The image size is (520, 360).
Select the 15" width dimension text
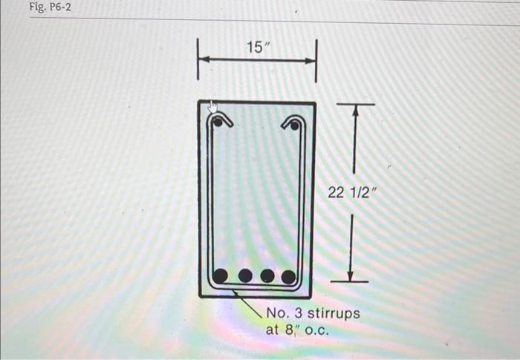point(258,48)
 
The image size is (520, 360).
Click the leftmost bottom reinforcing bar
point(220,276)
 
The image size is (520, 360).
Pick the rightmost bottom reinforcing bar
point(288,277)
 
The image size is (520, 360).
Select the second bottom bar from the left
point(245,277)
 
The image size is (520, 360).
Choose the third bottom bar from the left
point(267,277)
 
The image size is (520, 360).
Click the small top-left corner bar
point(218,123)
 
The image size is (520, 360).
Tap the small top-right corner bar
point(295,125)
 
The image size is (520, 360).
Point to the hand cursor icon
point(212,108)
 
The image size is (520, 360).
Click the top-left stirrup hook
point(225,120)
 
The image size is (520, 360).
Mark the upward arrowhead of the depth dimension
point(354,110)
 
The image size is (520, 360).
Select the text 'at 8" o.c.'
point(297,330)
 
